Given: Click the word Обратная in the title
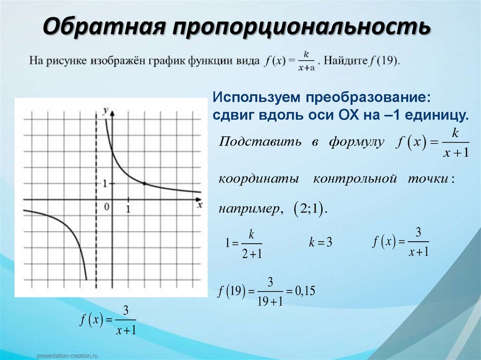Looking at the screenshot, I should point(104,27).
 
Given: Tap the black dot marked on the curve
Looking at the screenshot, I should point(144,183).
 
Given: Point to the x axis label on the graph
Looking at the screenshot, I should point(200,205).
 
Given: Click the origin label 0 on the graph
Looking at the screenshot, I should point(107,206).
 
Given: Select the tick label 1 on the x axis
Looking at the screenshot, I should point(128,208).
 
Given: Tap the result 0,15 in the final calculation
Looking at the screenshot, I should point(304,291).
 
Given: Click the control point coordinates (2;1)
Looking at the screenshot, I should point(308,209).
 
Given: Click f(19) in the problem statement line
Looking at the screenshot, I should point(384,61).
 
